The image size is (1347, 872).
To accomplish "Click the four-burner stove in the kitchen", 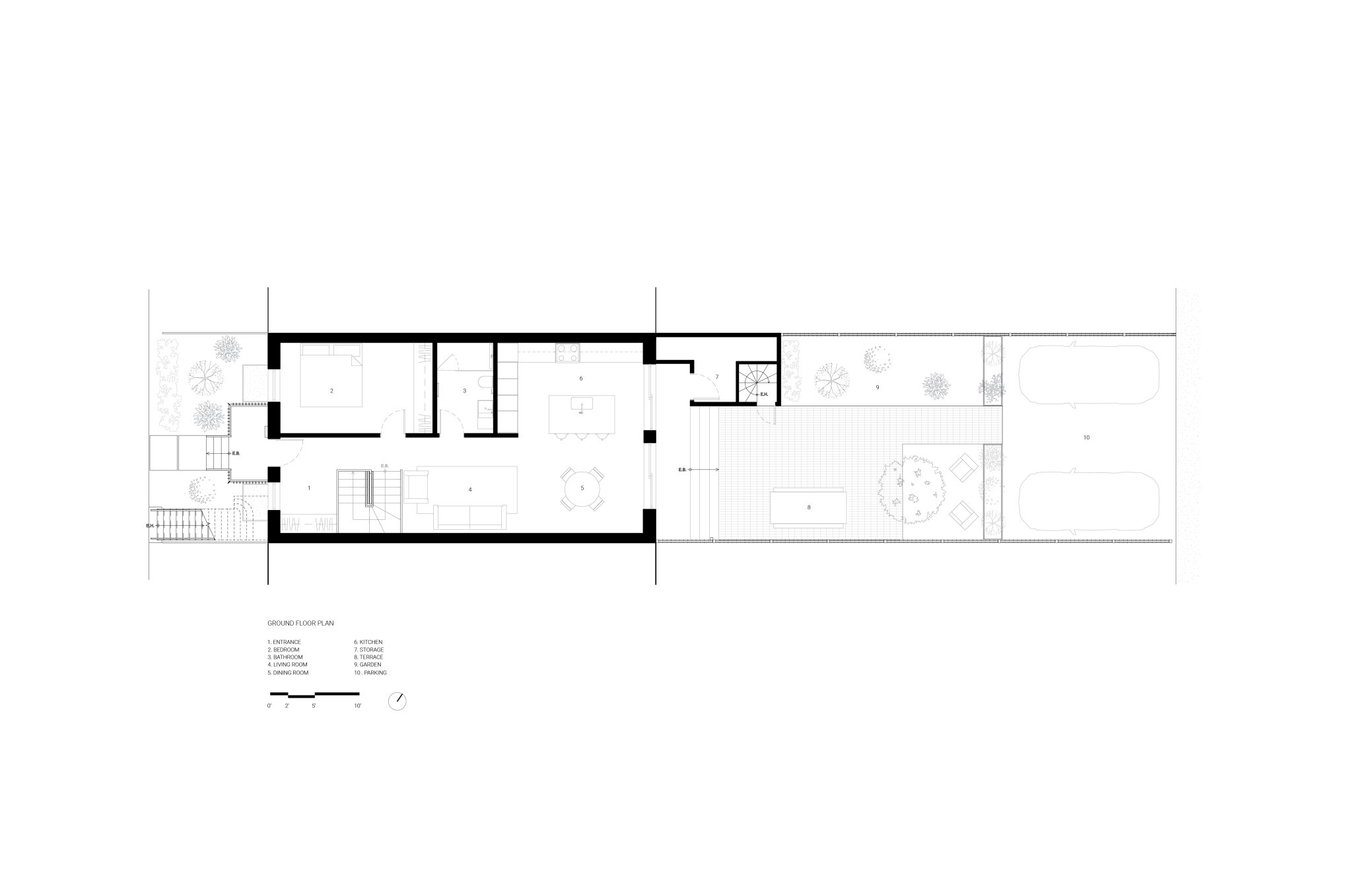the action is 568,353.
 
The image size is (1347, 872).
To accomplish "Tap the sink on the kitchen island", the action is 582,404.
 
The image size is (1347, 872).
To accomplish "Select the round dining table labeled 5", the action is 582,488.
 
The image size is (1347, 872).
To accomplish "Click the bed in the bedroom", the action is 331,375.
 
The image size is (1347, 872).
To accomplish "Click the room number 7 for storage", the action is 716,377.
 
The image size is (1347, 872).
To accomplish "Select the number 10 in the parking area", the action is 1086,437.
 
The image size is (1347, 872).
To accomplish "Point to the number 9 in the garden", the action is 878,387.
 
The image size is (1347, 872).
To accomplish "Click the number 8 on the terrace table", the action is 809,507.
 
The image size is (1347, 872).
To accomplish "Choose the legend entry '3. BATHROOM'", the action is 285,657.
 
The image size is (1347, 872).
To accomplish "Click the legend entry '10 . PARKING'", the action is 370,672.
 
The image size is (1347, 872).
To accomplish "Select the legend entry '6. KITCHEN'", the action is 368,642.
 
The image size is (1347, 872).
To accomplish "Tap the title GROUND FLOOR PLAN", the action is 300,623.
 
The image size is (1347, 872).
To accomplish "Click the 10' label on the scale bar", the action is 357,706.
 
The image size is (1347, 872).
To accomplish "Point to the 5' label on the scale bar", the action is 314,706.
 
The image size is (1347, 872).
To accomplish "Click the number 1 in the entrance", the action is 309,488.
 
